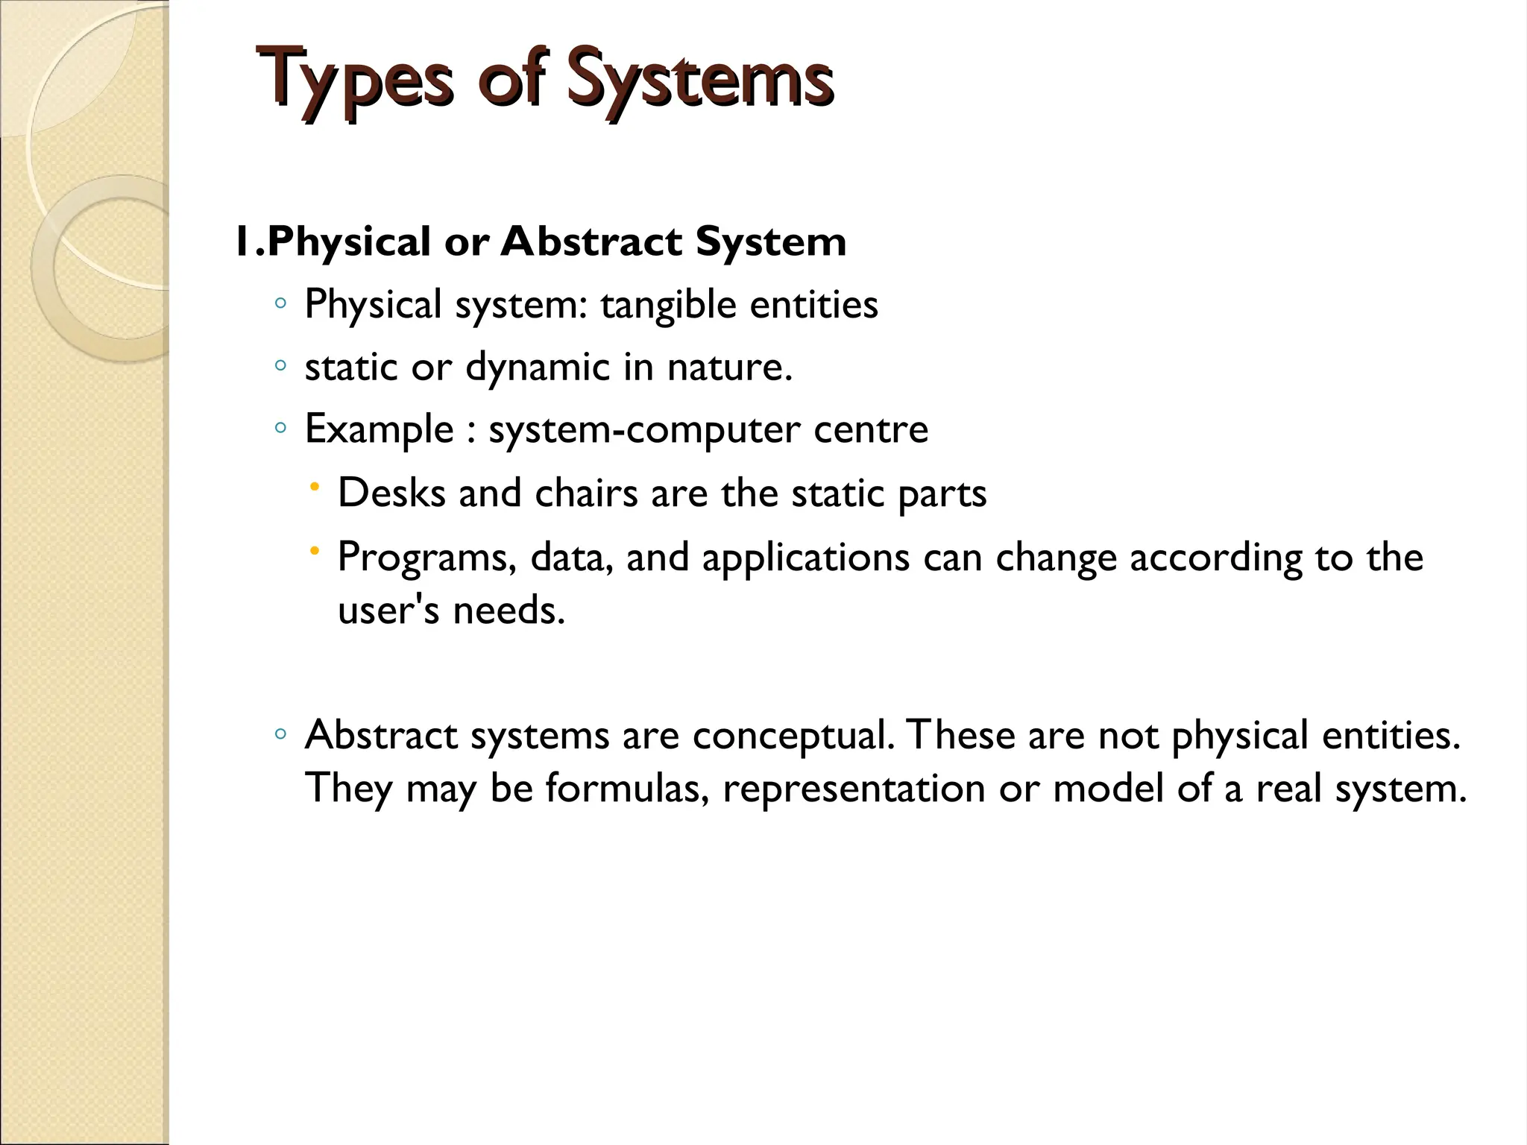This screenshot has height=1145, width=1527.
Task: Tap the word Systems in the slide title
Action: point(699,79)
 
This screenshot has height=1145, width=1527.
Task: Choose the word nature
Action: point(729,368)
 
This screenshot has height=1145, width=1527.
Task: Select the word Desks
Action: point(392,493)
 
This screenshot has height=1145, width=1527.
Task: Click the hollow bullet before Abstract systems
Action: point(280,734)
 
